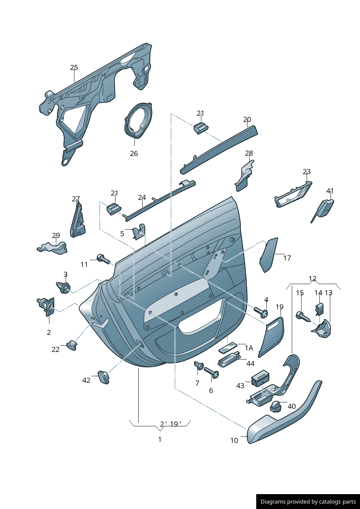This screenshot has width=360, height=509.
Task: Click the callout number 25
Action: coord(74,67)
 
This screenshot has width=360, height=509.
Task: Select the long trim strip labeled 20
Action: coord(218,150)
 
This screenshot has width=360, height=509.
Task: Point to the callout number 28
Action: coord(249,153)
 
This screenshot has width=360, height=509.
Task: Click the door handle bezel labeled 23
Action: coord(293,194)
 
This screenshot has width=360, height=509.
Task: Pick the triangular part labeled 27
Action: coord(78,220)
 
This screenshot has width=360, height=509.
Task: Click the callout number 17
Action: coord(287,258)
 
